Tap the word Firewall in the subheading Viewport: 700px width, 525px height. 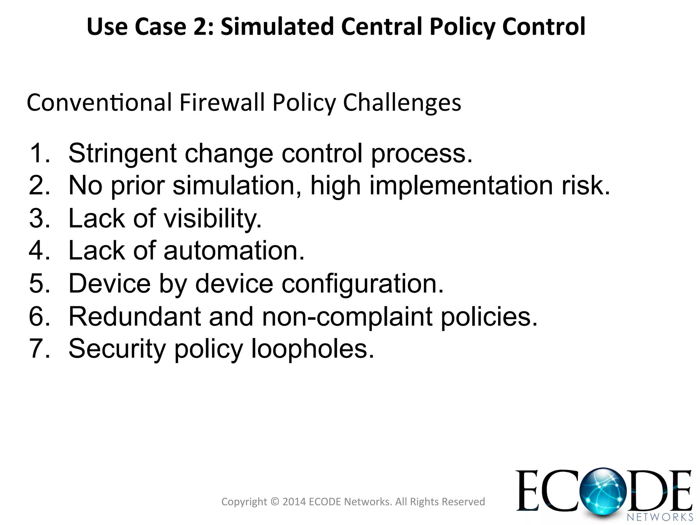pos(223,103)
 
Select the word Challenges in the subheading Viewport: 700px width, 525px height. pos(402,103)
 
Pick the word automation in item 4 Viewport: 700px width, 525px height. pos(234,251)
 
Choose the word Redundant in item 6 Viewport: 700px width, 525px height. pos(135,317)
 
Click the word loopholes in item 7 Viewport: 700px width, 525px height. pos(313,349)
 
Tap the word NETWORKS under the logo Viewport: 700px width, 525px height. pos(660,517)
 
